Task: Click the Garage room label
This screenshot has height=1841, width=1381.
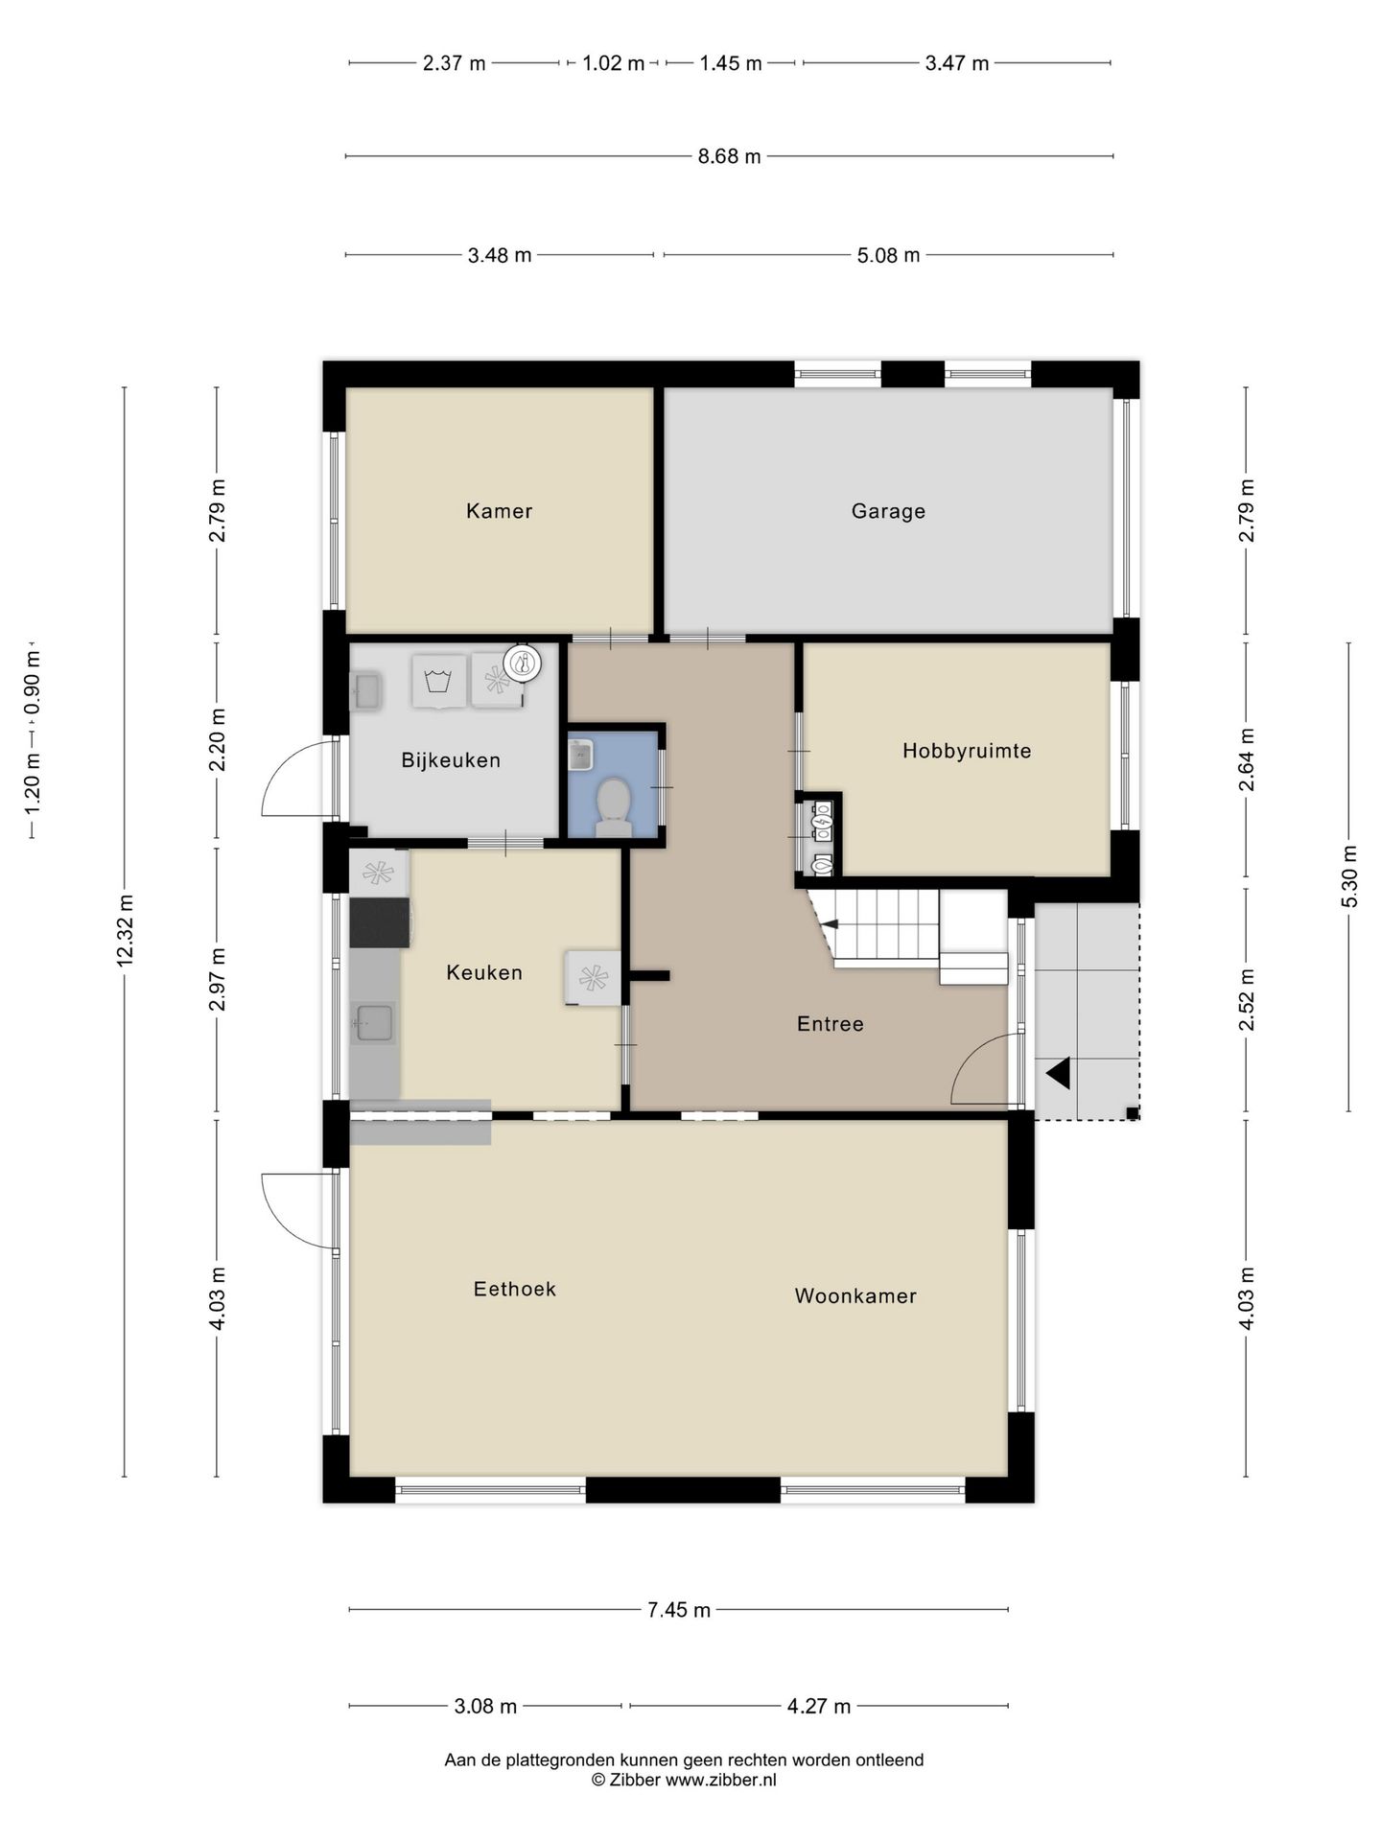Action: (x=888, y=511)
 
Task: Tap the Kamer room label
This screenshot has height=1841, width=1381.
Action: (x=499, y=511)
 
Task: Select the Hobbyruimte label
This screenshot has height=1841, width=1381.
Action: (x=967, y=751)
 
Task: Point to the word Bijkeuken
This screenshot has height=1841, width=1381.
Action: (x=451, y=760)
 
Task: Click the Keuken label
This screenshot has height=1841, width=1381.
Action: (x=484, y=972)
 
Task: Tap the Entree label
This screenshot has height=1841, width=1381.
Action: (x=831, y=1024)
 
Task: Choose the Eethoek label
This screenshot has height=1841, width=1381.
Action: (x=515, y=1289)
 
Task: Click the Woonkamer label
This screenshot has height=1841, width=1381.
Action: (x=855, y=1296)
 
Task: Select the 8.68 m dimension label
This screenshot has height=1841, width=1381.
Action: (x=730, y=156)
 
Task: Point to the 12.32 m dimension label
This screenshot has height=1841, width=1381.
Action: (x=125, y=931)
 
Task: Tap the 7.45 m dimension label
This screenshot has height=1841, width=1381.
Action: (x=679, y=1610)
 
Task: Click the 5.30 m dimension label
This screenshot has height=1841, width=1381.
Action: (x=1349, y=876)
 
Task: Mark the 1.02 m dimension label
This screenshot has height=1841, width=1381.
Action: (x=614, y=64)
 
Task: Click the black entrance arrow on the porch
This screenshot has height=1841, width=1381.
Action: (x=1058, y=1073)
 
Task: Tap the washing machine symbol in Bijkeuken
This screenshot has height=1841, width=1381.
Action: (x=439, y=681)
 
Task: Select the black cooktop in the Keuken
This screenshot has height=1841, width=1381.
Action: (x=380, y=922)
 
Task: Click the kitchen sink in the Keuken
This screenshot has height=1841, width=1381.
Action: (x=373, y=1023)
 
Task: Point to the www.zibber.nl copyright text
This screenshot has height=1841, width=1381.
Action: (x=720, y=1781)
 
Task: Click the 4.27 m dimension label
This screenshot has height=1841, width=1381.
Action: (x=819, y=1707)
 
